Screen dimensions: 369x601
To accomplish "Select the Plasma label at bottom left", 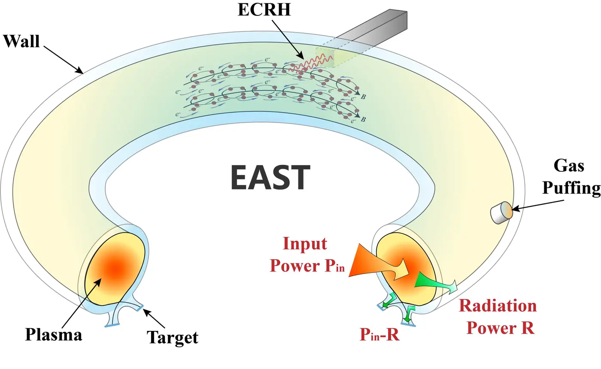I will tap(53, 334).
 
